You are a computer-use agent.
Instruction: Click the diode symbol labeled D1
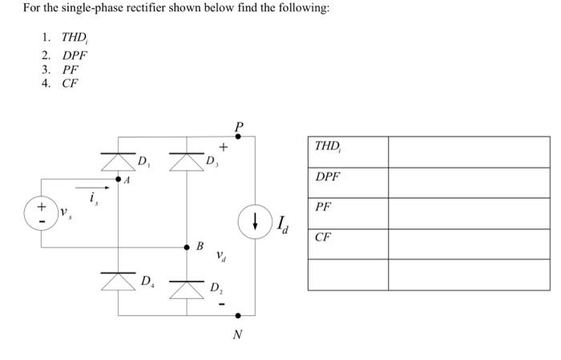pyautogui.click(x=118, y=160)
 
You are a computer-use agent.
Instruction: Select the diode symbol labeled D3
pyautogui.click(x=186, y=160)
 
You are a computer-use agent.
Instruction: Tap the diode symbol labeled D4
pyautogui.click(x=118, y=281)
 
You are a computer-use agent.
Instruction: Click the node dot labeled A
pyautogui.click(x=118, y=180)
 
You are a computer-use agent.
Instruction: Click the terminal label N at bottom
pyautogui.click(x=237, y=334)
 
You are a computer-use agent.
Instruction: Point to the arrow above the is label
pyautogui.click(x=91, y=190)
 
